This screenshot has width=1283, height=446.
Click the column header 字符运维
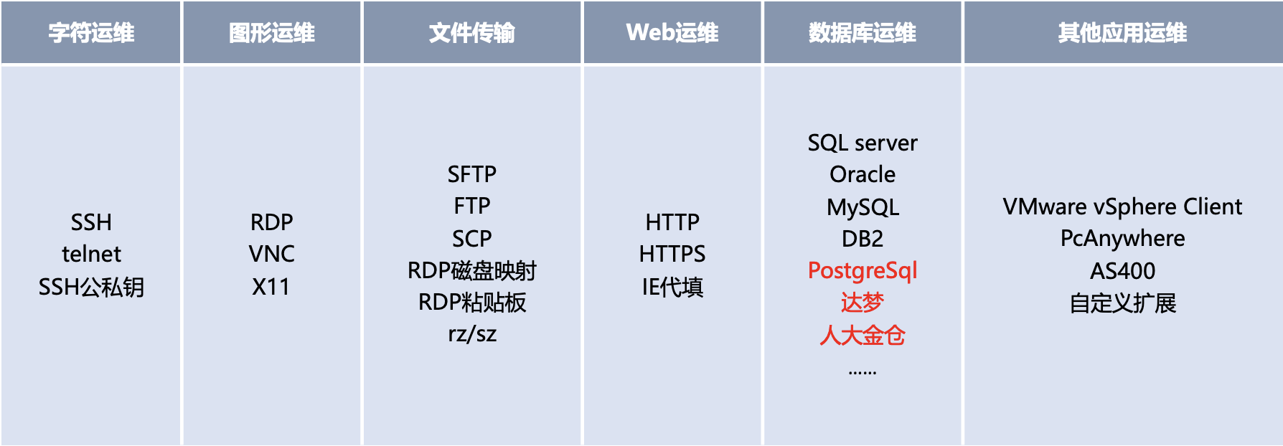click(91, 33)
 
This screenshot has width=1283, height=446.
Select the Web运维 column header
click(672, 33)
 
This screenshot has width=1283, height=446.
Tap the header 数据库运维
click(863, 33)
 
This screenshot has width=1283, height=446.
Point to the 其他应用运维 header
click(1123, 33)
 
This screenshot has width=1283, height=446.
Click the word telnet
click(91, 254)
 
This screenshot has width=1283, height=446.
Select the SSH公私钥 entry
click(91, 287)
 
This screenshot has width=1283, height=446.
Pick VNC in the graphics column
click(272, 254)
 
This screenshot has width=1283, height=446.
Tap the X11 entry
click(271, 287)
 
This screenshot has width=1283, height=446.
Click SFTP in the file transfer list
click(472, 174)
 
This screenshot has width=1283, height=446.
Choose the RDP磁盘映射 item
click(472, 270)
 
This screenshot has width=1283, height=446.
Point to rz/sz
click(472, 334)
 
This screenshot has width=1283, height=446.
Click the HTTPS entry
click(672, 254)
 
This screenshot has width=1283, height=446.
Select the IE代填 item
click(672, 287)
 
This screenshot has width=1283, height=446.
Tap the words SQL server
click(863, 143)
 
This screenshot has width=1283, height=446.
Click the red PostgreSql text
click(863, 271)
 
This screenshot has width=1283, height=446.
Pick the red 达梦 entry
click(863, 303)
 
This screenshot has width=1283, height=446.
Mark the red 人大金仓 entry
click(863, 335)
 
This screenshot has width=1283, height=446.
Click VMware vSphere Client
click(1123, 207)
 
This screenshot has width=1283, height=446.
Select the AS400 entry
click(1123, 271)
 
